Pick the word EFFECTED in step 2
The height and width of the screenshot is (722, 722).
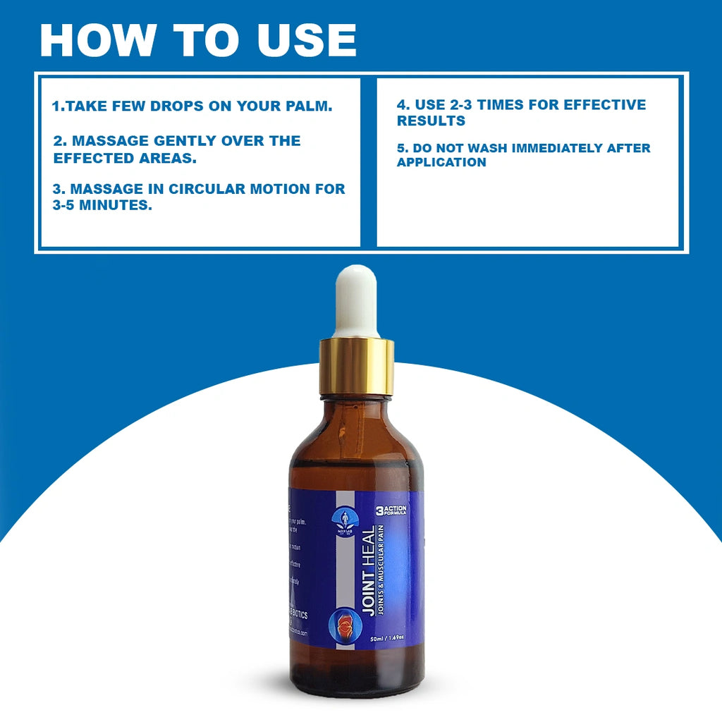88,157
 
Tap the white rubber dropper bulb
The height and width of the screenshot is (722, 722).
356,300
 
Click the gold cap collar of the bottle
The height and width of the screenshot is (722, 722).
356,365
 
